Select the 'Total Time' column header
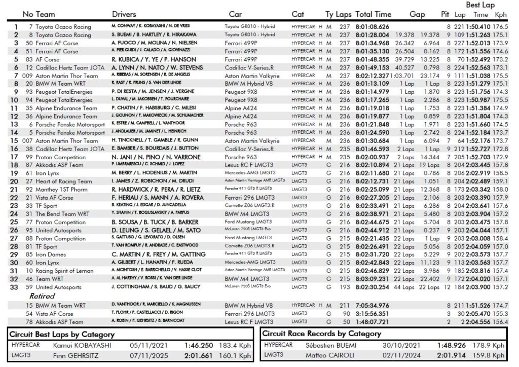point(373,14)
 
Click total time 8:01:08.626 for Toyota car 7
point(373,26)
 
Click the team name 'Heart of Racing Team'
point(63,181)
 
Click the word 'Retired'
point(42,296)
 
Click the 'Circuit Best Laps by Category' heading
point(62,334)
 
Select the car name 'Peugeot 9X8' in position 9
point(242,92)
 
